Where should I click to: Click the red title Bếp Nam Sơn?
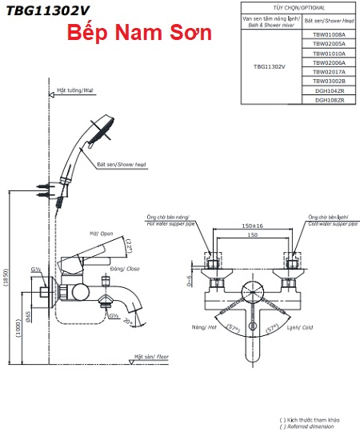(x=139, y=33)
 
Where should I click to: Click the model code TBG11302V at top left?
(x=48, y=11)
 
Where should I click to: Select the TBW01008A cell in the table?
(x=329, y=34)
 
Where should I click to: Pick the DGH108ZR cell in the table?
(x=329, y=100)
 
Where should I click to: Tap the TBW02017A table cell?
(x=329, y=72)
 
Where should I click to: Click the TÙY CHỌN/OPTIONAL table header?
(x=298, y=8)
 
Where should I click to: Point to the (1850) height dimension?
(x=6, y=278)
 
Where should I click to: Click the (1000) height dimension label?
(x=18, y=329)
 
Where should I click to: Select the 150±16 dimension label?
(x=252, y=226)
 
